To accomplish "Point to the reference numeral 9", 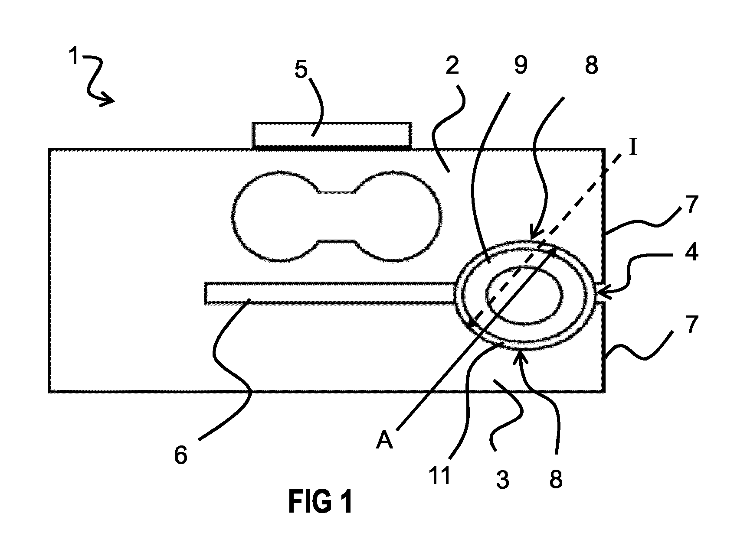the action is coord(520,65).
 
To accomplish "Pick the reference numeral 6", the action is coord(181,456).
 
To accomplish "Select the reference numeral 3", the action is coord(502,480).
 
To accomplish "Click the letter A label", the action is coord(384,441).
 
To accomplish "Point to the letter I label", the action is coord(633,148).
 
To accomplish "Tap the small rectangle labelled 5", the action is coord(332,136).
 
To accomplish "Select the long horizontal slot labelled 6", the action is coord(330,293).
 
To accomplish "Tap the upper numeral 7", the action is coord(691,205).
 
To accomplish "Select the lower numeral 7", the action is coord(691,324).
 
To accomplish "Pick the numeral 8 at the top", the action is coord(591,65).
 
